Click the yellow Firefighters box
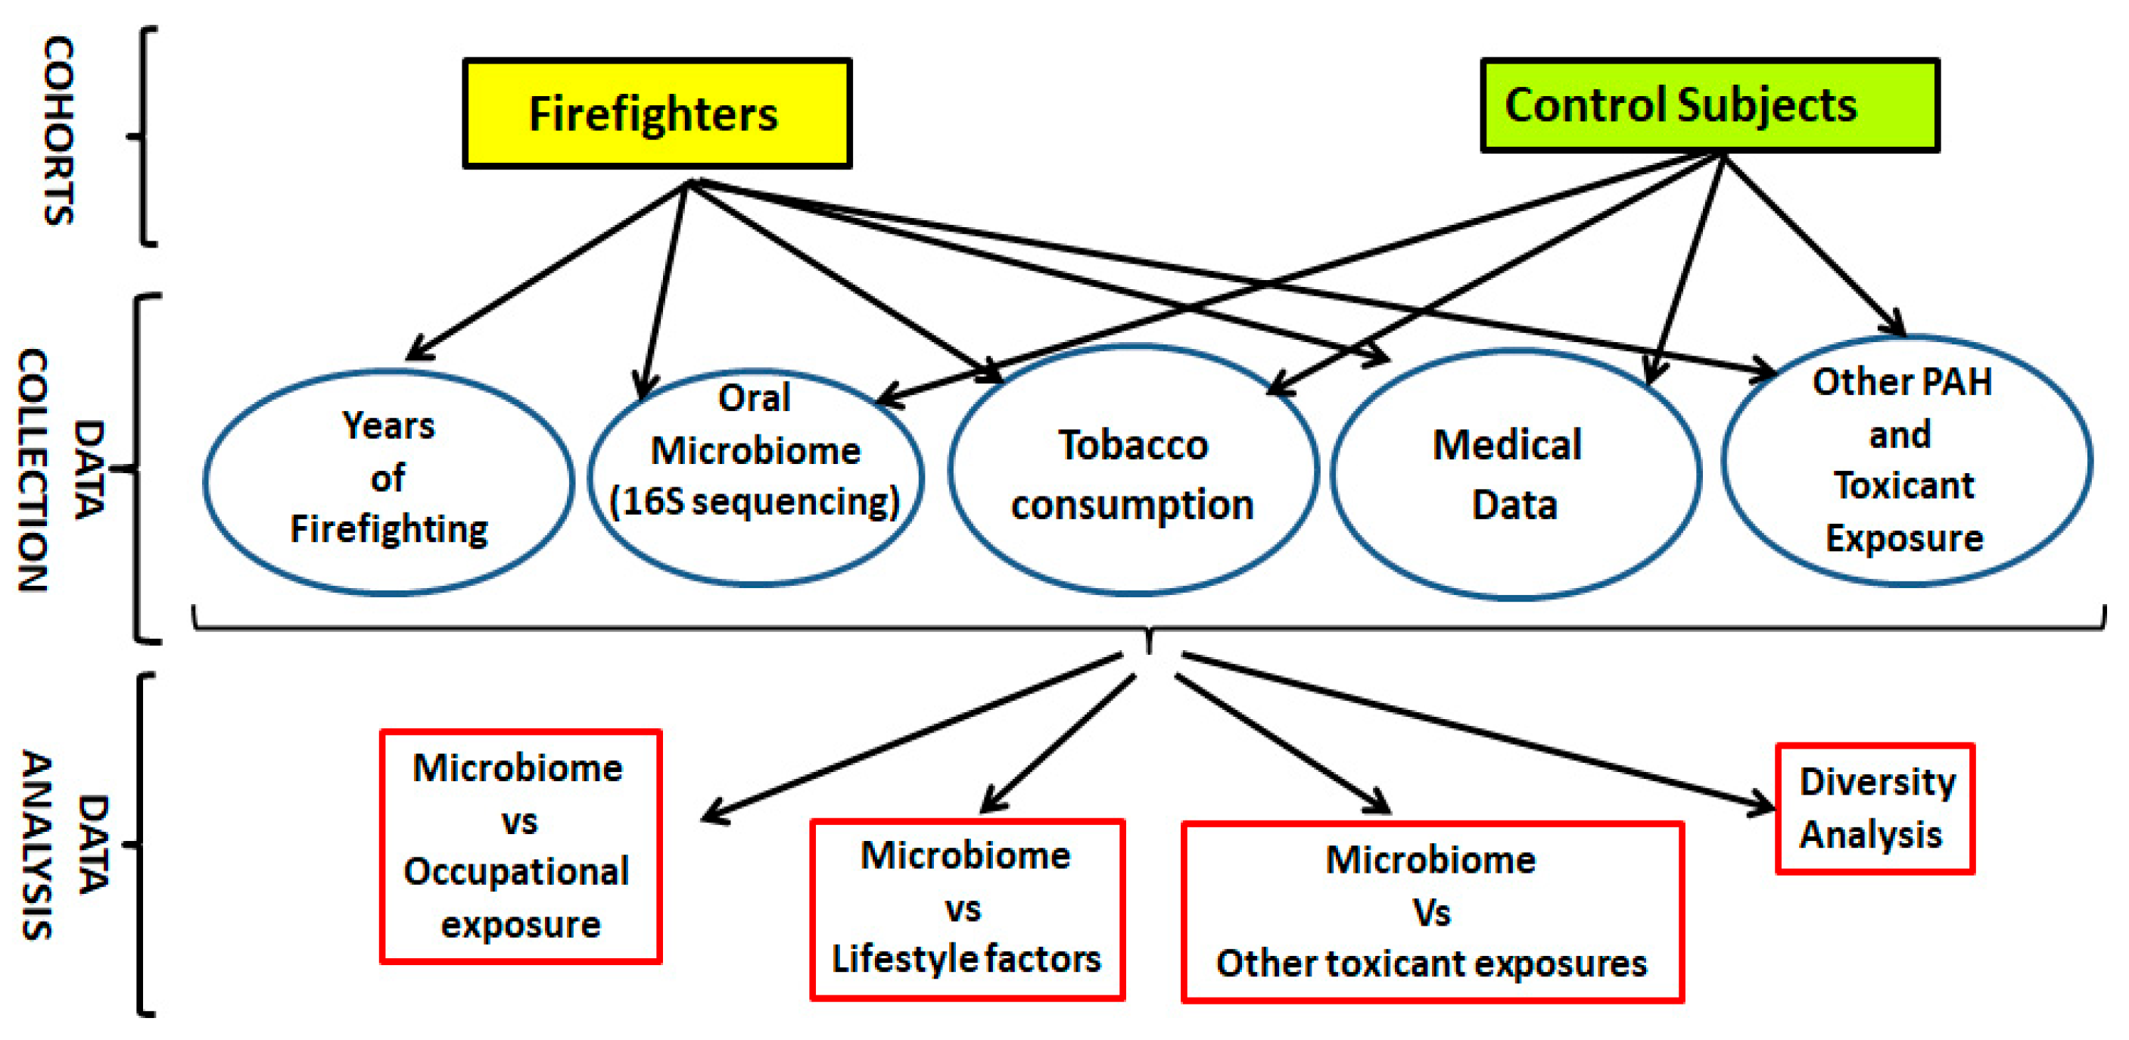[656, 114]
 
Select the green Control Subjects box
[1708, 106]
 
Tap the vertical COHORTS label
[59, 131]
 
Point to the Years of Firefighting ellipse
[388, 482]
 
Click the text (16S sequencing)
[754, 502]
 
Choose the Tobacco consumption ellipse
[1132, 472]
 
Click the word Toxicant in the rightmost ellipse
[1903, 485]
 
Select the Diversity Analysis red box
[1875, 808]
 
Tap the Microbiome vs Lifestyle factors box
[967, 909]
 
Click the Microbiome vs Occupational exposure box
[520, 846]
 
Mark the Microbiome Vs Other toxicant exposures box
[1431, 912]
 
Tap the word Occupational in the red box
[517, 872]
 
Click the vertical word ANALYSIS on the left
[37, 845]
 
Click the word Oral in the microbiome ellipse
[754, 398]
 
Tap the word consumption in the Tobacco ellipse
[1132, 505]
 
